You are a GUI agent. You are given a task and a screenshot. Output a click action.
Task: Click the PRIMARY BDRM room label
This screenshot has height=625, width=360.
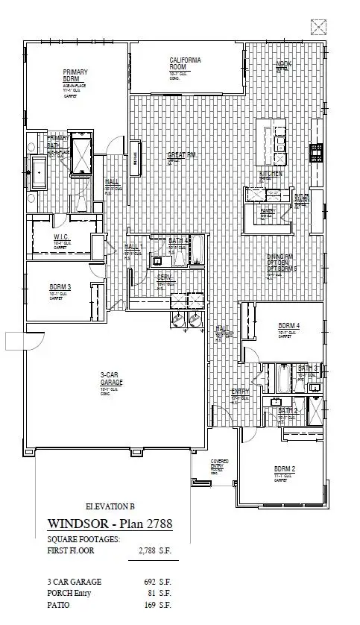point(75,75)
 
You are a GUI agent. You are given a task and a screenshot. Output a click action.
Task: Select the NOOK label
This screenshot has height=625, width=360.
point(283,65)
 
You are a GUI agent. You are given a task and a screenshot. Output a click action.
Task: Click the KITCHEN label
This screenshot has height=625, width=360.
point(271,173)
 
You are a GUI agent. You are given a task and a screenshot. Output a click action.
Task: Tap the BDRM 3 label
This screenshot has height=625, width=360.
point(60,287)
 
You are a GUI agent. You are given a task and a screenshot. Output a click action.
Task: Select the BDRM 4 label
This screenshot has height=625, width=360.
point(288,326)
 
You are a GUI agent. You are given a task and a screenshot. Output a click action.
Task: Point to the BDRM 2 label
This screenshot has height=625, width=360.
point(283,468)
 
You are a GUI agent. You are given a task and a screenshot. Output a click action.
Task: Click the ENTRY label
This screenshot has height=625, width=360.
point(240,392)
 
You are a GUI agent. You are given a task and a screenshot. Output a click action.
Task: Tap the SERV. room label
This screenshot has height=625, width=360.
point(164,277)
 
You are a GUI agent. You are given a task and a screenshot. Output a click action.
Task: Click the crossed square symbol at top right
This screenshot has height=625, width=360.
point(319,28)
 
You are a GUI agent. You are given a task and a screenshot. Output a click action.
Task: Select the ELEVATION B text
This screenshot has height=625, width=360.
point(112,506)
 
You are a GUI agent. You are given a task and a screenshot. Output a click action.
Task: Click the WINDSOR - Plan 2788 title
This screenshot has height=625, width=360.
point(110,524)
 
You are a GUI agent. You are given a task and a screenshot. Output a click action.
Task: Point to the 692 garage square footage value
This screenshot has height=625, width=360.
point(153,582)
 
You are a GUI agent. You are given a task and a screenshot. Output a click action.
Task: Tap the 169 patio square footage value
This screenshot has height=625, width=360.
point(153,606)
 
